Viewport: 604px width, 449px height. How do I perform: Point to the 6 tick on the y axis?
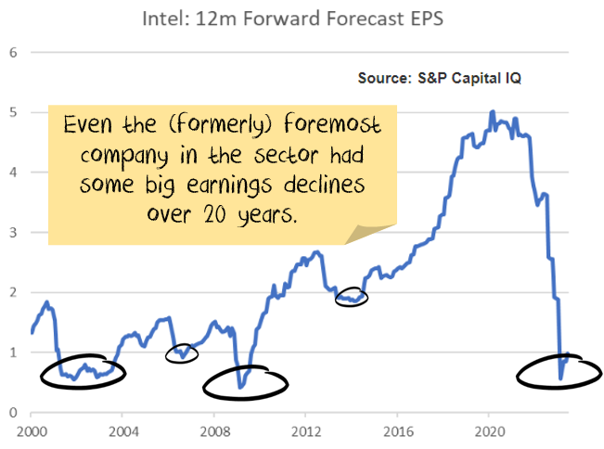tap(14, 52)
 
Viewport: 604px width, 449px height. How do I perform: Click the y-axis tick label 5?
tap(14, 112)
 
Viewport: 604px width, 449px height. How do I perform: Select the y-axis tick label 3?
tap(14, 232)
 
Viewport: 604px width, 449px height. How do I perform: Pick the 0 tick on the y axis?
tap(14, 412)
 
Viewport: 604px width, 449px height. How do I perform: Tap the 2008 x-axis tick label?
tap(215, 431)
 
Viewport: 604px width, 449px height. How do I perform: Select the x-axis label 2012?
tap(307, 431)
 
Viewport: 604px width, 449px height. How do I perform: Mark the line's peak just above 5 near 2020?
tap(492, 111)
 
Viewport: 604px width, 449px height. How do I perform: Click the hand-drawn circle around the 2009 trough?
tap(245, 380)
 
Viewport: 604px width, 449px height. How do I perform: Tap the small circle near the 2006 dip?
tap(182, 353)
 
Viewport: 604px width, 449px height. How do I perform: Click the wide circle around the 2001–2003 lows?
tap(84, 370)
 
